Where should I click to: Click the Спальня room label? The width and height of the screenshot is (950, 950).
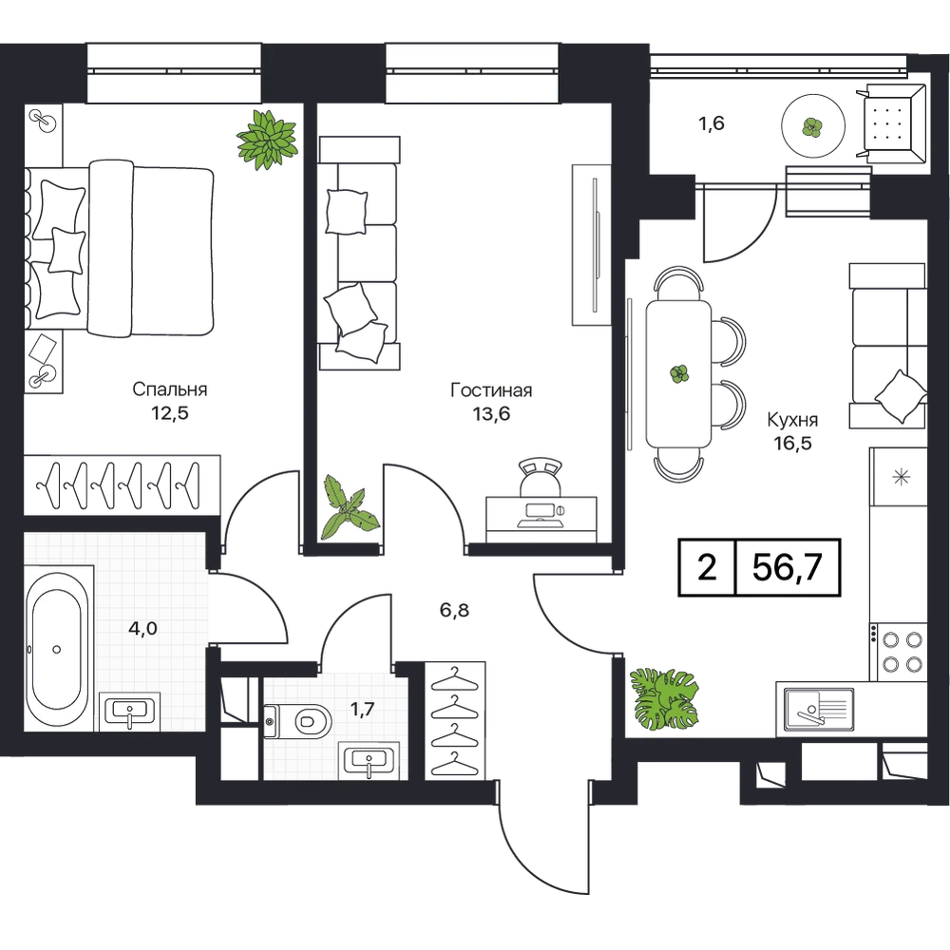coord(170,389)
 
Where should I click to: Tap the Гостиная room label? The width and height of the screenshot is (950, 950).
coord(491,390)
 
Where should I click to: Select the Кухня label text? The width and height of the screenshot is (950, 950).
coord(792,420)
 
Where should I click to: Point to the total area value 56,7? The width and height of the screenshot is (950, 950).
coord(787,568)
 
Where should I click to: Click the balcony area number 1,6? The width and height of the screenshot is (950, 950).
coord(712,123)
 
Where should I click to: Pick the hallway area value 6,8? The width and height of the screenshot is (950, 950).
coord(454,610)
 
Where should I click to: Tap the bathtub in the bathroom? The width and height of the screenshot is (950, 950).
coord(56,649)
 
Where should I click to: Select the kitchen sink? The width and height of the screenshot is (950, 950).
coord(818,709)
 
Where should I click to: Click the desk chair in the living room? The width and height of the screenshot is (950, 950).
coord(541,478)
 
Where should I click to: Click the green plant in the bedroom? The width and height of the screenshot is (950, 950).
coord(267,140)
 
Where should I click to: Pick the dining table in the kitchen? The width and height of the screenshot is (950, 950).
coord(678,373)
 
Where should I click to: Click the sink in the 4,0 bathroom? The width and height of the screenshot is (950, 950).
coord(129,712)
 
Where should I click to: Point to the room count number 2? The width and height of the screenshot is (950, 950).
coord(707,568)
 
